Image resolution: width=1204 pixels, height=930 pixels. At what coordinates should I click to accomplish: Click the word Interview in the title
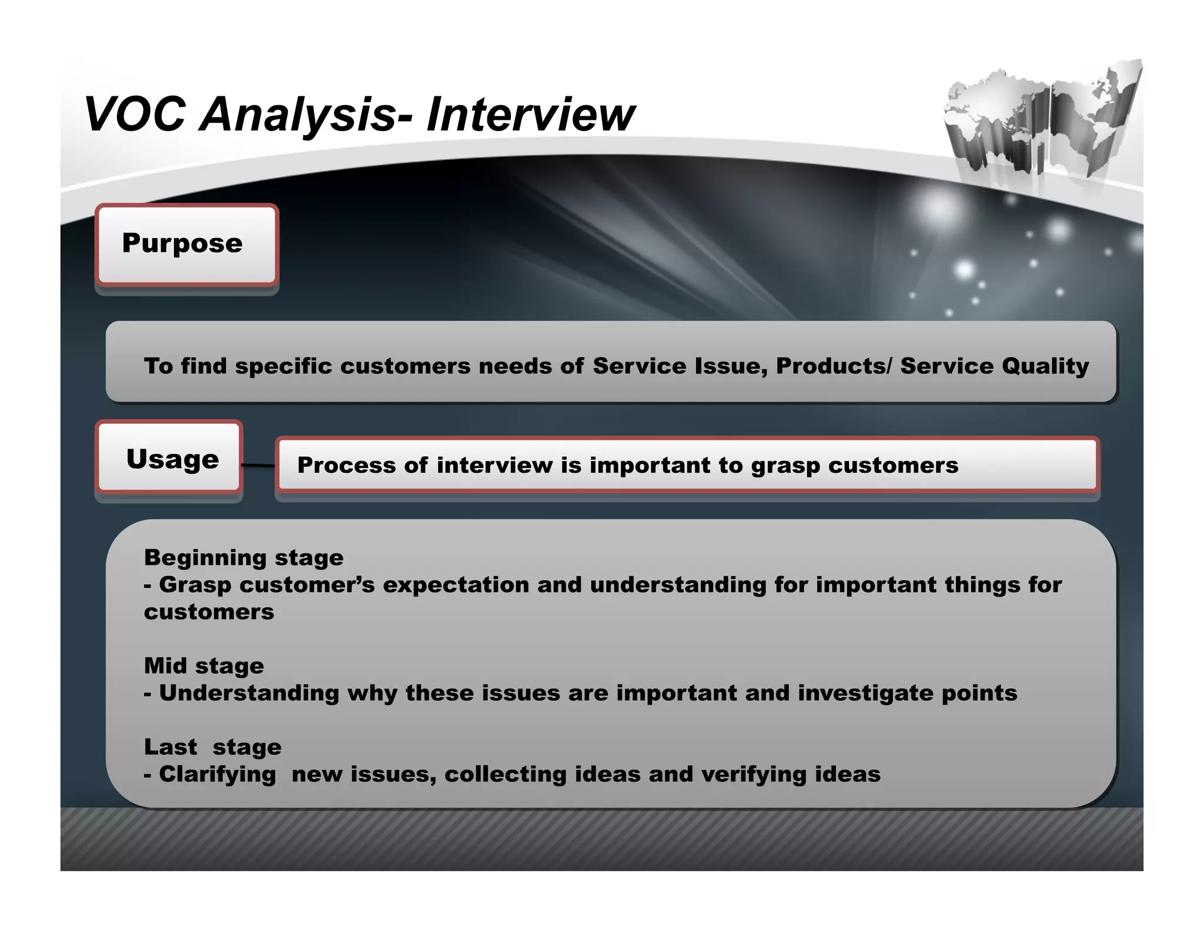click(x=530, y=114)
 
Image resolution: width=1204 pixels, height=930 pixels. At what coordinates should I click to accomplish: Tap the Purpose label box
click(x=186, y=245)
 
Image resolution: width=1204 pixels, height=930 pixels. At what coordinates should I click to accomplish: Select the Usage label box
click(x=169, y=459)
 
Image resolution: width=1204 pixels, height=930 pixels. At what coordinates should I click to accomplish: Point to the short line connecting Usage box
click(x=258, y=466)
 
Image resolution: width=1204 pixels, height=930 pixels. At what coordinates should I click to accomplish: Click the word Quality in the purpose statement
click(x=1045, y=366)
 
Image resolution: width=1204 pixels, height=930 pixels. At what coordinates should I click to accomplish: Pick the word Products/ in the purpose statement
click(x=833, y=366)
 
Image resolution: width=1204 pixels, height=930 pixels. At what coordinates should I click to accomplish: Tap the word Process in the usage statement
click(x=346, y=466)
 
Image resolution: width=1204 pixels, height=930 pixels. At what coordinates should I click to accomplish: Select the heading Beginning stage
click(x=243, y=558)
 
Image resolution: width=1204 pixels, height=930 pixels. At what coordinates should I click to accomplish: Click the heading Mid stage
click(x=203, y=666)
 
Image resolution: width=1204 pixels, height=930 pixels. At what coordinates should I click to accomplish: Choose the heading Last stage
click(x=212, y=747)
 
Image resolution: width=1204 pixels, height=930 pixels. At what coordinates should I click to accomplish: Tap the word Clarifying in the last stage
click(x=217, y=774)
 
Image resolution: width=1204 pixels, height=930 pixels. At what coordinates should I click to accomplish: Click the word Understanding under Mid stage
click(x=249, y=694)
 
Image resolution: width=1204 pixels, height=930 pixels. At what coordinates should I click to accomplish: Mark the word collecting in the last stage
click(x=505, y=774)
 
